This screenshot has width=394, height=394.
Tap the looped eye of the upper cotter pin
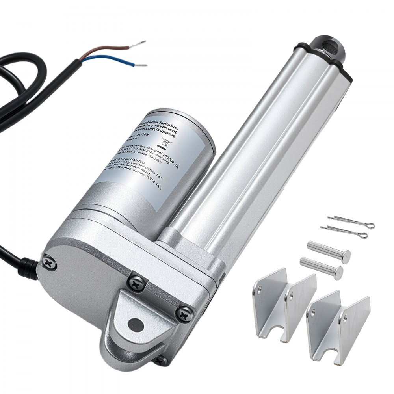point(370,226)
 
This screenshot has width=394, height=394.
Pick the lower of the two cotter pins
point(345,232)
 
